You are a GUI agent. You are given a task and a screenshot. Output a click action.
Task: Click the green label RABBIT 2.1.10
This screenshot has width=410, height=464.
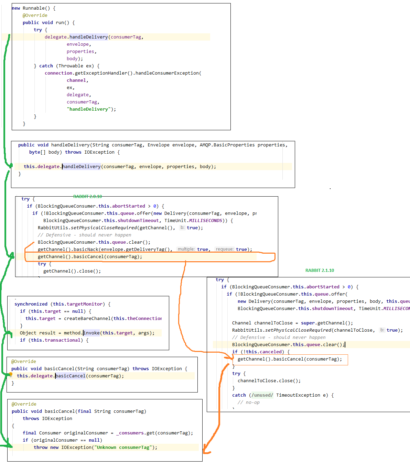[x=320, y=270]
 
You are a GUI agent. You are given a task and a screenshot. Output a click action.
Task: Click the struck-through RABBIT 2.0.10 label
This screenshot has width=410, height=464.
[x=87, y=197]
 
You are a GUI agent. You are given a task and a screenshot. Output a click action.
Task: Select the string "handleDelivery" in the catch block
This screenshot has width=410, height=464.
[x=89, y=109]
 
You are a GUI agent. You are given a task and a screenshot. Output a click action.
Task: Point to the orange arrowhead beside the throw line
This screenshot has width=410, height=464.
[x=206, y=450]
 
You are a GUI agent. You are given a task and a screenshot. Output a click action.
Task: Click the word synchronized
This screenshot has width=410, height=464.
[x=31, y=304]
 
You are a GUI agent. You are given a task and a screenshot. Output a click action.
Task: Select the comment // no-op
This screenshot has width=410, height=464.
[x=248, y=402]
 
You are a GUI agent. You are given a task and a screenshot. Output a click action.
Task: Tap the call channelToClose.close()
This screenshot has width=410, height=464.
[x=269, y=381]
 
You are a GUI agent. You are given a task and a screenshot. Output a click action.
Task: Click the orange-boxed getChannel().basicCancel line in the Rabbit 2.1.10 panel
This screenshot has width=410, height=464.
[x=290, y=359]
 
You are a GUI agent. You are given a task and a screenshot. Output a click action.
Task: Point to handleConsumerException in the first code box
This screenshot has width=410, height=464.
[x=167, y=73]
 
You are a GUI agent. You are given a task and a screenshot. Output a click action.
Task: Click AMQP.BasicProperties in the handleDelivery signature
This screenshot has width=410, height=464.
[x=227, y=145]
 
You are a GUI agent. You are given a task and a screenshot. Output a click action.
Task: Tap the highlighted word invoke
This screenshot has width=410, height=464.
[x=91, y=333]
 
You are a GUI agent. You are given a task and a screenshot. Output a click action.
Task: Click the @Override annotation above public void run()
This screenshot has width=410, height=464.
[x=35, y=15]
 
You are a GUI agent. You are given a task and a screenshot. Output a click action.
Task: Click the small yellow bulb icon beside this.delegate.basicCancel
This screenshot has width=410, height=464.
[x=11, y=374]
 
